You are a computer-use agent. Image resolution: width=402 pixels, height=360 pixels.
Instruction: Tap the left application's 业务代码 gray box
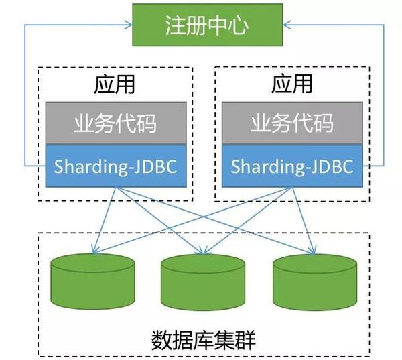pos(116,124)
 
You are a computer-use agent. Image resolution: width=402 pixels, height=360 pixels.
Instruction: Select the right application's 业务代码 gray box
pos(291,124)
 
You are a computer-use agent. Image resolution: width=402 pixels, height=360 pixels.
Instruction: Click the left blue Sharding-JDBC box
pos(116,166)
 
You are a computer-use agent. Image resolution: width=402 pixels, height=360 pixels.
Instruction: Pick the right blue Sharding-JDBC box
pos(291,166)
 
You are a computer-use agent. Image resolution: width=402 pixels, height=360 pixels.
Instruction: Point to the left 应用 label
pos(115,85)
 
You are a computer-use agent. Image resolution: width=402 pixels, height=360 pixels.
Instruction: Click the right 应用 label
pos(292,85)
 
